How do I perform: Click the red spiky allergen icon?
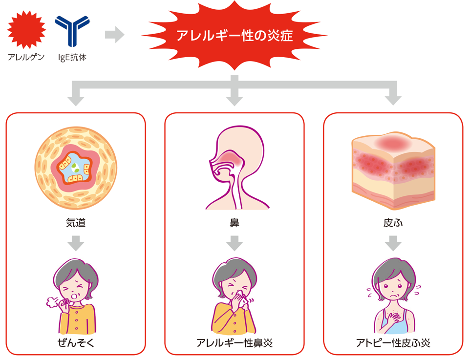point(26,30)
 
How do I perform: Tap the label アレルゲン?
point(26,57)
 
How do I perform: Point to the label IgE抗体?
point(72,57)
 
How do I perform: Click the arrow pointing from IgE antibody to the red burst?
point(114,35)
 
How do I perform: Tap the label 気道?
point(76,224)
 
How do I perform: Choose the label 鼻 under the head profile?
point(234,224)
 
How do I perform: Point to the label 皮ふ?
point(393,224)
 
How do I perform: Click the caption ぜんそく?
point(76,342)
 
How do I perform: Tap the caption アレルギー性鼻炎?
point(234,342)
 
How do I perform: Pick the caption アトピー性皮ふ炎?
point(393,342)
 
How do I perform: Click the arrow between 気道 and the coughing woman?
point(76,243)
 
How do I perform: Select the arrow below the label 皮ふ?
point(393,243)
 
